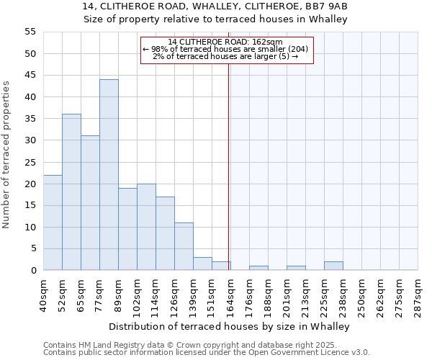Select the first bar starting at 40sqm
click(53, 222)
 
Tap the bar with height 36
click(71, 192)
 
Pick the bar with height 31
click(90, 203)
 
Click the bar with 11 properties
click(184, 246)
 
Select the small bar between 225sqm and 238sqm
click(333, 266)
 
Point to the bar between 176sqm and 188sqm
click(258, 268)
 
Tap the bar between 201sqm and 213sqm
click(296, 268)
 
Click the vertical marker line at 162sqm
click(228, 166)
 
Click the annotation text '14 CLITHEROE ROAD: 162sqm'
click(227, 42)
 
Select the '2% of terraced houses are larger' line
click(227, 56)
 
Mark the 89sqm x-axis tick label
click(118, 292)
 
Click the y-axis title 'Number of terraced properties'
click(7, 155)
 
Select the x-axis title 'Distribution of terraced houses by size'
click(230, 326)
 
